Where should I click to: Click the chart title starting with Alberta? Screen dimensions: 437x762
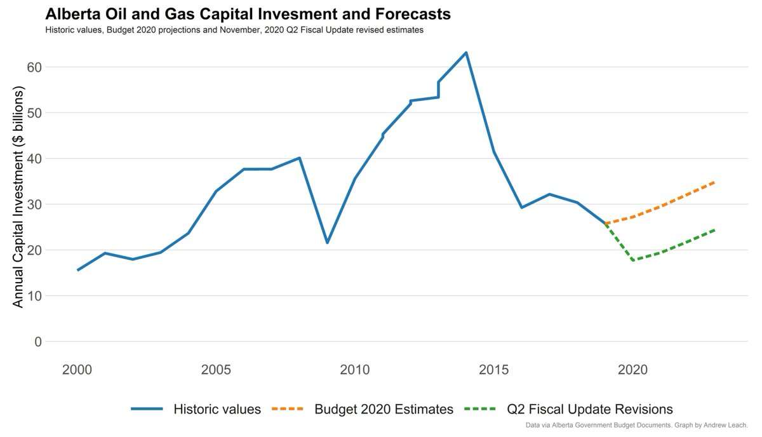pos(248,14)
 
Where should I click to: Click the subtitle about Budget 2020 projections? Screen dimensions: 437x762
pos(234,30)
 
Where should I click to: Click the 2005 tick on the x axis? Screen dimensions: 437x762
pos(216,369)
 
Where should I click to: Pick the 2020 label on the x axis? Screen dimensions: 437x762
pos(632,369)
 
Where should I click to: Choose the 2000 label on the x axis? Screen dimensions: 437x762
pos(77,369)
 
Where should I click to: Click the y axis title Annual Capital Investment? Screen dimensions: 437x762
pos(18,198)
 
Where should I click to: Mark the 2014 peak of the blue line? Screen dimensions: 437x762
pos(466,53)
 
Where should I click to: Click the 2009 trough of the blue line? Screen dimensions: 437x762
pos(327,243)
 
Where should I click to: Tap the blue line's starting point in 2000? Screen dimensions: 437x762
pos(77,270)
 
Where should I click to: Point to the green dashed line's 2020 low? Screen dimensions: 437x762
pos(632,260)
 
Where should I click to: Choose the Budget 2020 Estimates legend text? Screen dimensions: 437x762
pos(384,409)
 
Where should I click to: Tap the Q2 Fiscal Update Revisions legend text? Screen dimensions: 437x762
pos(590,409)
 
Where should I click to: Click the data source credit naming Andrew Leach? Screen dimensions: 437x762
pos(637,425)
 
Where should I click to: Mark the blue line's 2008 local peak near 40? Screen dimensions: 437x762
pos(299,158)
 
